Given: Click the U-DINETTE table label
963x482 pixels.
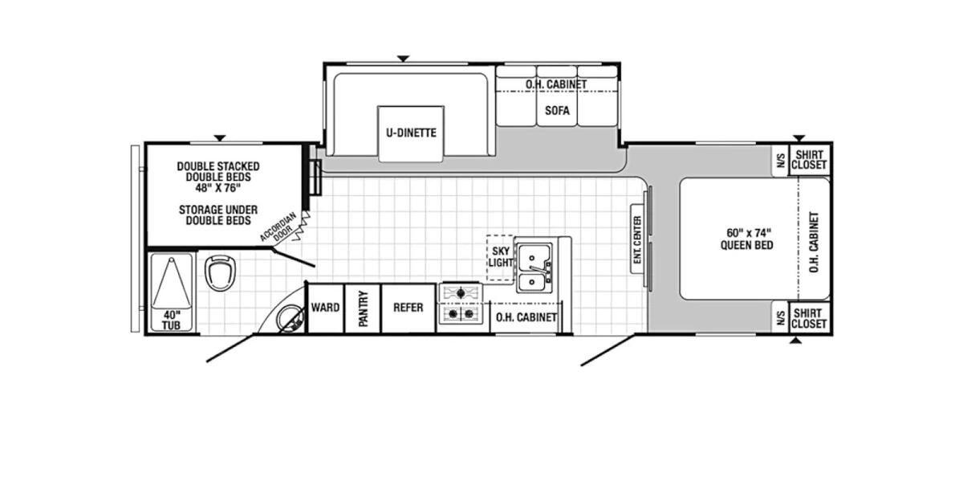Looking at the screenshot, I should tap(411, 133).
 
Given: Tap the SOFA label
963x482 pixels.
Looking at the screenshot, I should tap(557, 111).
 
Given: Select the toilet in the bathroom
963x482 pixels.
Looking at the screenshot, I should tap(218, 272).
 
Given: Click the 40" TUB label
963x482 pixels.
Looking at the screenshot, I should tap(172, 320).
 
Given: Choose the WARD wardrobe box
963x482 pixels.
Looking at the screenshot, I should tap(325, 308).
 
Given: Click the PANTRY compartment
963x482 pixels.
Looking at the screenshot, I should tap(362, 308).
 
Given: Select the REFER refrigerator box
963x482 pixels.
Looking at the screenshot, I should tap(408, 308).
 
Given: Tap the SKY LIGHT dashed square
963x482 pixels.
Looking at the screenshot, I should tap(501, 257).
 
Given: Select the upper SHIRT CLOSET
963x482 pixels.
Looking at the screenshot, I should tap(809, 159).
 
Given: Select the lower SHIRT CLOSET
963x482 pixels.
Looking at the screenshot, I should tap(809, 318).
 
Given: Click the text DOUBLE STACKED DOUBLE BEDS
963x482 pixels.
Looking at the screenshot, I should tap(218, 171).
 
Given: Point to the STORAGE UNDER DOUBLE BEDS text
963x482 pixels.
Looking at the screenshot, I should tap(218, 214).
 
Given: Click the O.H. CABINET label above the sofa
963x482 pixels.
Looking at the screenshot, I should tap(556, 84).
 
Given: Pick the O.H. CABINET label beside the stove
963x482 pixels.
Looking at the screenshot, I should tap(526, 317).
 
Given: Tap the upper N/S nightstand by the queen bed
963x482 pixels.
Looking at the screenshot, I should tap(778, 159).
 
